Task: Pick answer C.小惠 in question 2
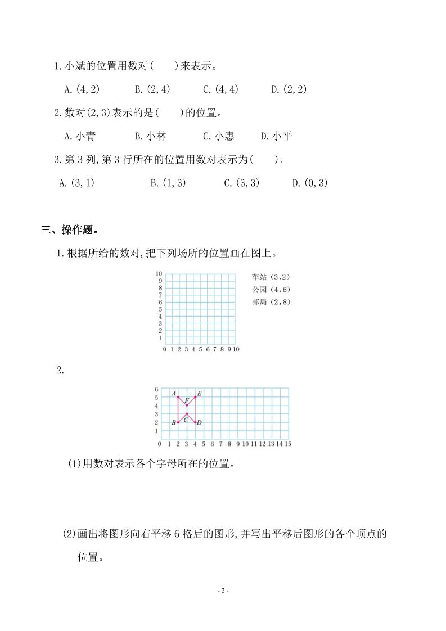(219, 136)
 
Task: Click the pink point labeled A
(178, 397)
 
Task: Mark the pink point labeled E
(195, 397)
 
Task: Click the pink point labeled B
(178, 422)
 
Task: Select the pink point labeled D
(195, 422)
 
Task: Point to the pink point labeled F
(187, 405)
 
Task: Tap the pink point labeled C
(187, 414)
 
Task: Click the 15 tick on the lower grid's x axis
(288, 444)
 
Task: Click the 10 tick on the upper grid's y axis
(159, 273)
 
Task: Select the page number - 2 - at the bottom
(223, 591)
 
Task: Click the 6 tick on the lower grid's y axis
(157, 389)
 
